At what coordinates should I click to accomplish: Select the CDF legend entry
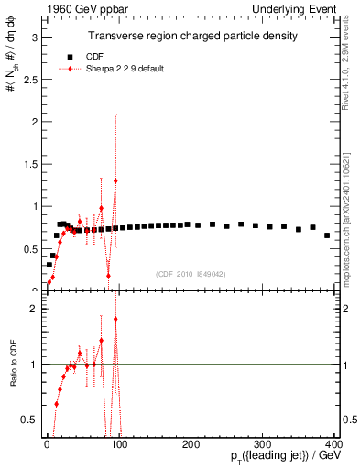point(82,56)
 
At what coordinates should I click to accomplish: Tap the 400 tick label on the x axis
point(334,445)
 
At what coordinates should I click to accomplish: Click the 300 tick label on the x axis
point(263,445)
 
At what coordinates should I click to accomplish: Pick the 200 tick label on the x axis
point(191,445)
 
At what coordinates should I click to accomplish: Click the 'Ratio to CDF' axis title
point(13,362)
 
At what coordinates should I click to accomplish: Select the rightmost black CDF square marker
point(327,235)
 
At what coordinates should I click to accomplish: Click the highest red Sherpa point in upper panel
point(115,180)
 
